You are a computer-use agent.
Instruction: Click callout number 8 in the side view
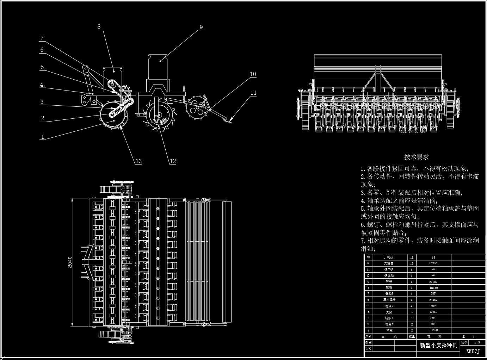coord(99,26)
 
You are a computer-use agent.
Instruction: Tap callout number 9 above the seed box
coord(201,27)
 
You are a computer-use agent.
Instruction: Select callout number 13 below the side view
coord(138,161)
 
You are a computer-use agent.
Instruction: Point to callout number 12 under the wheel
coord(172,161)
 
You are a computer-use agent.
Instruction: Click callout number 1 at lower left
coord(43,137)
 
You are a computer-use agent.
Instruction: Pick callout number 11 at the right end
coord(253,93)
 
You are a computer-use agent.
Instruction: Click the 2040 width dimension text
coord(70,262)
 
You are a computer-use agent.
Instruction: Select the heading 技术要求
coord(416,157)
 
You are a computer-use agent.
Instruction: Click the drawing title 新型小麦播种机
coord(438,345)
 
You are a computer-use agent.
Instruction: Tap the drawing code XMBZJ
coord(473,351)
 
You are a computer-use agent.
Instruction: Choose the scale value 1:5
coord(477,342)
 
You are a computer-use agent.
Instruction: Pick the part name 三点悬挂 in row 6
coord(389,300)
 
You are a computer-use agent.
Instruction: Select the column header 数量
coord(411,336)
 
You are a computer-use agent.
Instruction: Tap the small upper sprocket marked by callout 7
coord(112,84)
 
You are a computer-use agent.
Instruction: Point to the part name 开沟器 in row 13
coord(389,257)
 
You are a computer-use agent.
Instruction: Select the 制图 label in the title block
coord(369,342)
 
